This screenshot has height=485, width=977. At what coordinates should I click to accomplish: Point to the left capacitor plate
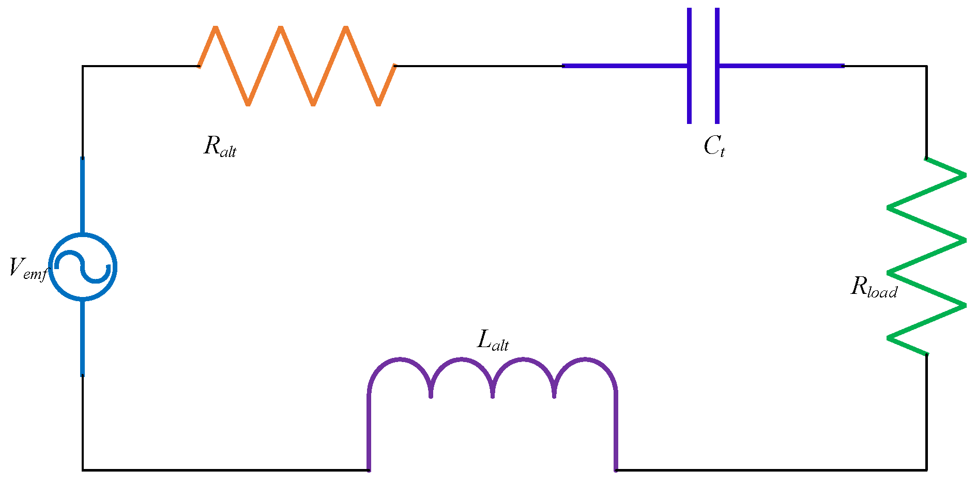[x=689, y=66]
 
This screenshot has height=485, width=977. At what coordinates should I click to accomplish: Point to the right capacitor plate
[x=717, y=66]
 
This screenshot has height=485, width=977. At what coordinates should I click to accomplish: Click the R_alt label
[x=220, y=146]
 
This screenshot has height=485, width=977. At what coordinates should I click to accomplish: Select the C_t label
[x=714, y=147]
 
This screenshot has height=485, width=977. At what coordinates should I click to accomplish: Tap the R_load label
[x=874, y=287]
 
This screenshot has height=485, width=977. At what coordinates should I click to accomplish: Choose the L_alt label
[x=493, y=341]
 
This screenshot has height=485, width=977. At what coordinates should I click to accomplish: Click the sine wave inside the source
[x=83, y=267]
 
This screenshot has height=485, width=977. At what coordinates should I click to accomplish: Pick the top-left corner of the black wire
[x=83, y=66]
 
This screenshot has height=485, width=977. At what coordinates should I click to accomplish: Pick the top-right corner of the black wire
[x=926, y=66]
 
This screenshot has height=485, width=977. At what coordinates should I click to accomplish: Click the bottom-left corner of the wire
[x=83, y=470]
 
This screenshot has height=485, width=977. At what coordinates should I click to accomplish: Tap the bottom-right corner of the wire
[x=926, y=470]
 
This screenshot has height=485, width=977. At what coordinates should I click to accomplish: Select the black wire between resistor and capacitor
[x=478, y=66]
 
